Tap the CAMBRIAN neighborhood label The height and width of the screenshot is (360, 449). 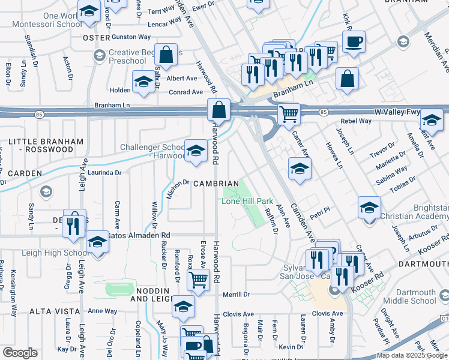[215, 183]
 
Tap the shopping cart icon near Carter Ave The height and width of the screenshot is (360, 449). [289, 113]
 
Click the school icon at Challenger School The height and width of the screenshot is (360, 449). [196, 152]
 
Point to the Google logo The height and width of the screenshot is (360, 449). [20, 353]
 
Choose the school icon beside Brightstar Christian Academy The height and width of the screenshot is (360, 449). [369, 209]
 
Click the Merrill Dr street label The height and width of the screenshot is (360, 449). [236, 295]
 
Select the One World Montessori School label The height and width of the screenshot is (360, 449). [53, 20]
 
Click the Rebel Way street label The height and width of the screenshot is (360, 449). [357, 121]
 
